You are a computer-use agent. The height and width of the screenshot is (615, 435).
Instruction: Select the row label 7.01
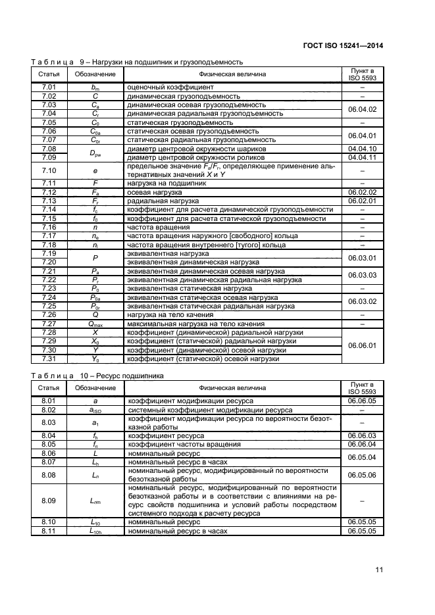click(x=49, y=87)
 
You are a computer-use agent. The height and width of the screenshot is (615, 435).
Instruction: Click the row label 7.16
click(x=49, y=227)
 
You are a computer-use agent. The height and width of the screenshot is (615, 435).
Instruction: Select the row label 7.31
click(x=49, y=358)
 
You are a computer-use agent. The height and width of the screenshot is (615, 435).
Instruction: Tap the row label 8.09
click(x=49, y=501)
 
